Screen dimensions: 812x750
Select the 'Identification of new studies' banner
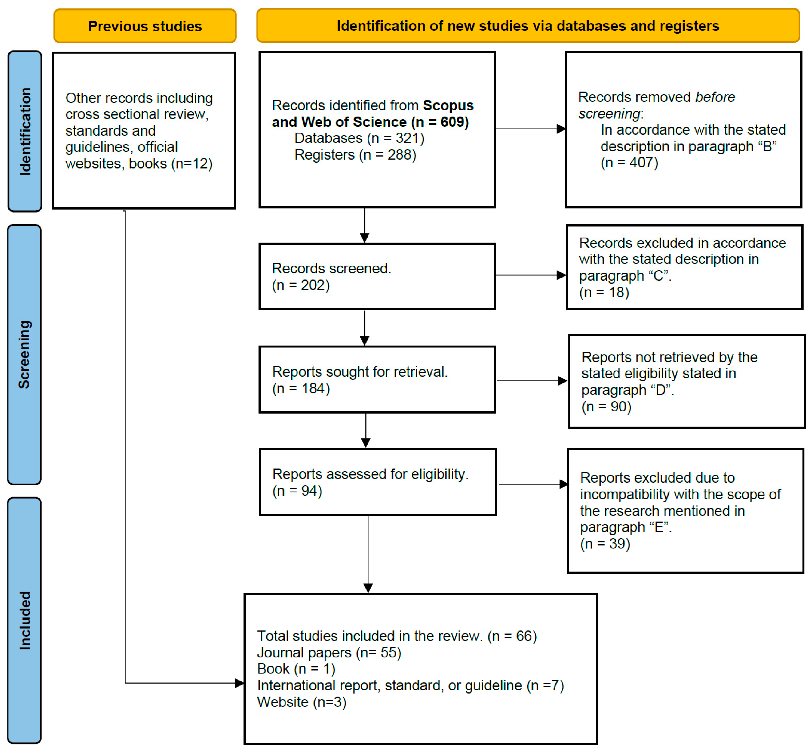(528, 26)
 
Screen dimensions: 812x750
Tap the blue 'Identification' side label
(25, 131)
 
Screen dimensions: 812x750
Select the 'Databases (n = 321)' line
(359, 138)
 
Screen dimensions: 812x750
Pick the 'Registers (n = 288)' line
(355, 155)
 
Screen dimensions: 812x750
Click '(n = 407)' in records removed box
(629, 162)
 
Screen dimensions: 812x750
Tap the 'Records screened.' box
(377, 276)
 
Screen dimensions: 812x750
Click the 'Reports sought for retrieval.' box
(377, 379)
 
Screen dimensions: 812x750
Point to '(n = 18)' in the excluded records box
(604, 292)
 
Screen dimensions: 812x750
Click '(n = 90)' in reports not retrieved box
(606, 406)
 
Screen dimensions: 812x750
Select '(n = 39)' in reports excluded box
(605, 544)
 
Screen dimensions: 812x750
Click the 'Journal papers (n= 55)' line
(329, 653)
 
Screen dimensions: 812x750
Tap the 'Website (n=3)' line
(302, 702)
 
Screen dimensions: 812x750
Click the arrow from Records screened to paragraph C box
(531, 275)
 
